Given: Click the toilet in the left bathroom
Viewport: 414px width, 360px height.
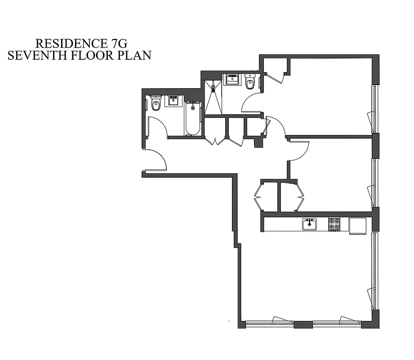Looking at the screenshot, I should click(156, 104).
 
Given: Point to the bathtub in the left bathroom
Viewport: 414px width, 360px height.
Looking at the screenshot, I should click(193, 119).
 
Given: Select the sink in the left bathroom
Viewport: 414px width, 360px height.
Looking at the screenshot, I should click(173, 100).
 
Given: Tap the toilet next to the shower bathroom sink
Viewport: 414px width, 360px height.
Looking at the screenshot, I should click(250, 82).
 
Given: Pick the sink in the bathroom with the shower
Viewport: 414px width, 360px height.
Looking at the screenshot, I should click(232, 80).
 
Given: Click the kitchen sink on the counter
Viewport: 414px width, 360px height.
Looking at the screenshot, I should click(309, 224).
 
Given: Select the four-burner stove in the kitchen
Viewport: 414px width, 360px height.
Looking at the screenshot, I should click(334, 224).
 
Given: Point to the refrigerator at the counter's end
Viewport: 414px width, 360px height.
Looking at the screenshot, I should click(358, 225).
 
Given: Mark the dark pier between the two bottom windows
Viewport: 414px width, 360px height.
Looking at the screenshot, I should click(303, 324).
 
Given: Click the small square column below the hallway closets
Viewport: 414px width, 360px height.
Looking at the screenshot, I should click(258, 143).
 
